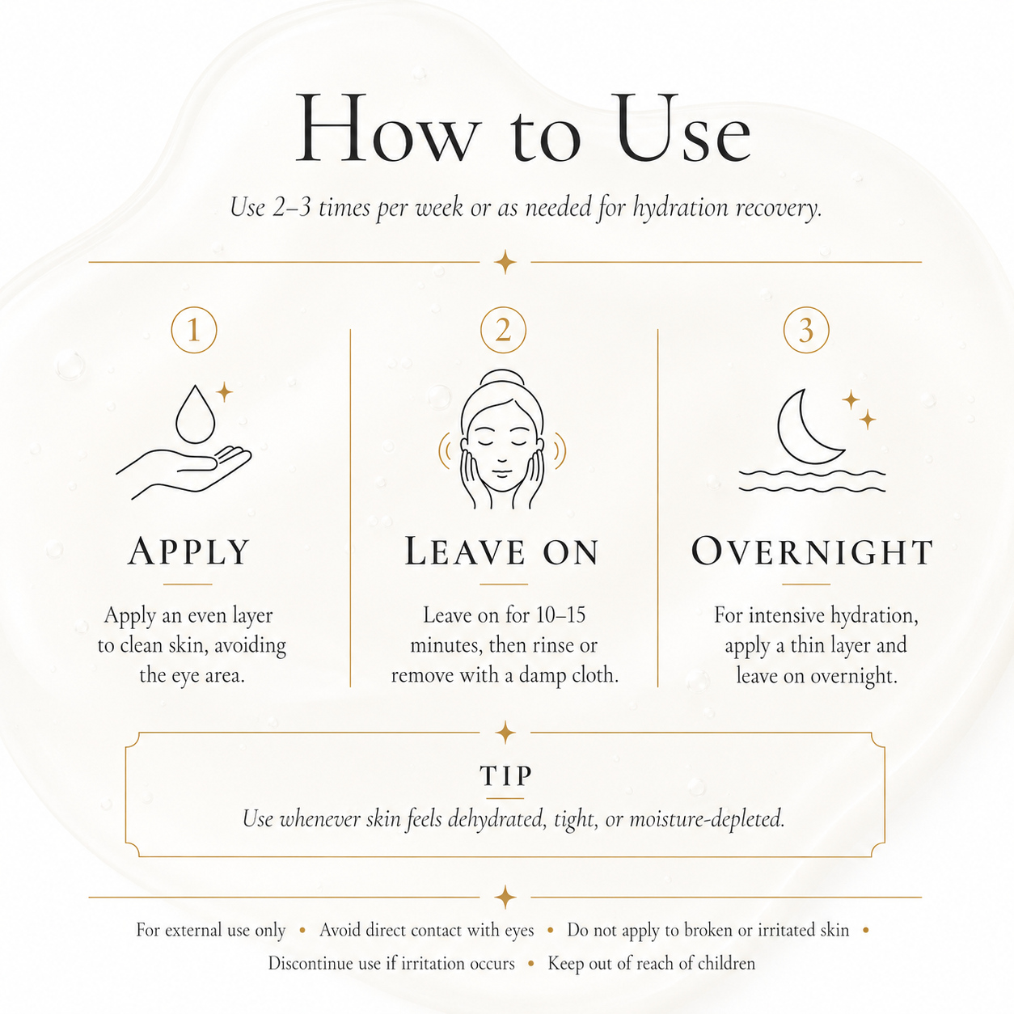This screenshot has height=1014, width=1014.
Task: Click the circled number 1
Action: [x=194, y=330]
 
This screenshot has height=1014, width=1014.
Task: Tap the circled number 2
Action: [x=503, y=330]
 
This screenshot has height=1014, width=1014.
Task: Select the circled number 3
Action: [x=806, y=330]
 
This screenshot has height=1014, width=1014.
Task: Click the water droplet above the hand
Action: [x=195, y=414]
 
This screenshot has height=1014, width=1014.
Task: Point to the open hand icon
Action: [x=184, y=472]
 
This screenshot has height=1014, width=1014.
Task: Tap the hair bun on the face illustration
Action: [x=502, y=380]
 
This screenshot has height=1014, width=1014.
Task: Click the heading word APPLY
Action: [x=188, y=551]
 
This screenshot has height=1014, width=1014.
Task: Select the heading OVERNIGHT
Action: [x=812, y=551]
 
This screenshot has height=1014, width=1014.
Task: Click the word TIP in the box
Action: [x=506, y=775]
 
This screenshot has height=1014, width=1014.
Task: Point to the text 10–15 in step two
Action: [x=560, y=615]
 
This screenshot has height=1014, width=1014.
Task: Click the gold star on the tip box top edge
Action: [x=505, y=733]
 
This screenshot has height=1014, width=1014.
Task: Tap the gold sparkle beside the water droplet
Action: [x=225, y=391]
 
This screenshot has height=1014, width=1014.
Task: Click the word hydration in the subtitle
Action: [x=678, y=207]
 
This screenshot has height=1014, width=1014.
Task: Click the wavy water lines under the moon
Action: [x=812, y=481]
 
